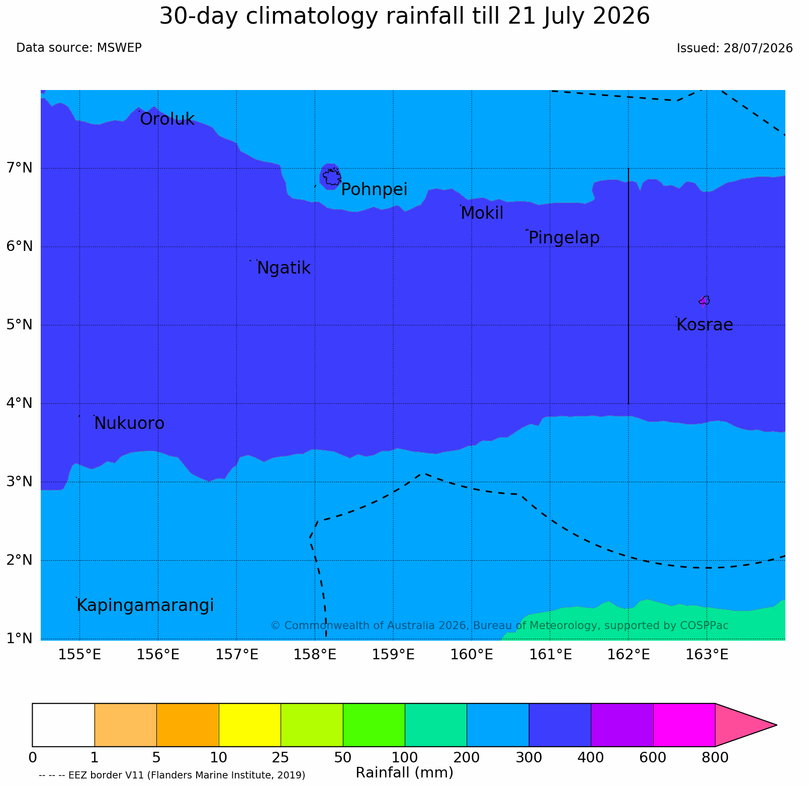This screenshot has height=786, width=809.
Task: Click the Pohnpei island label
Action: click(374, 190)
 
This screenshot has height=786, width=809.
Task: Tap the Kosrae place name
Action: click(705, 325)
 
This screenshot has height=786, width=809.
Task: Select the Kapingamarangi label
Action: click(145, 605)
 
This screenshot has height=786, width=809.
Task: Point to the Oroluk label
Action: click(167, 120)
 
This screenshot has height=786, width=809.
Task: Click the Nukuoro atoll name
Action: click(129, 423)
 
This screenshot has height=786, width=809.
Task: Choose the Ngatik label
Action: click(284, 268)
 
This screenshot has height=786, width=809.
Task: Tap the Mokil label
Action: click(482, 213)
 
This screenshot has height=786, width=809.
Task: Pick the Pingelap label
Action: click(564, 238)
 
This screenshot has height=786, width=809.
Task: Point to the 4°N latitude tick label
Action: click(20, 403)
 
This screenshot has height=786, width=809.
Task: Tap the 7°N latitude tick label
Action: click(20, 167)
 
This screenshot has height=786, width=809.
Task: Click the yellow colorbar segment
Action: click(250, 725)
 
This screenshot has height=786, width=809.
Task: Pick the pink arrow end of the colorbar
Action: click(746, 725)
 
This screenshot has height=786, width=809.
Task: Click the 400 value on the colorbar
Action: click(591, 757)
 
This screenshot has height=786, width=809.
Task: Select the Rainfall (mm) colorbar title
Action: click(405, 772)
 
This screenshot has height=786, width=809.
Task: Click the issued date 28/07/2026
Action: click(758, 48)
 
